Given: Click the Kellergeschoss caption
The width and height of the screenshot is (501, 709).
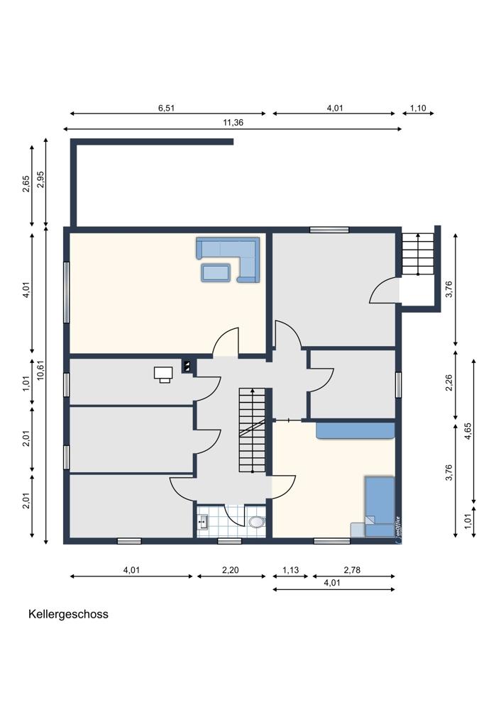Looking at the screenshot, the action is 68,614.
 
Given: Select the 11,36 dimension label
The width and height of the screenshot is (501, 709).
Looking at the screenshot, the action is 233,122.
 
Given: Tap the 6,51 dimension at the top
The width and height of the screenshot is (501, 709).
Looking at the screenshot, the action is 166,108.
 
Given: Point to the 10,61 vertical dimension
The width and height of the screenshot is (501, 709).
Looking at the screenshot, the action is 40,369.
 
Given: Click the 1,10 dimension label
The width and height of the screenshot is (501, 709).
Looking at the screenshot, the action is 418,108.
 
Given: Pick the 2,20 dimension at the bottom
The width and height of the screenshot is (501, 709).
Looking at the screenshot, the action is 231,570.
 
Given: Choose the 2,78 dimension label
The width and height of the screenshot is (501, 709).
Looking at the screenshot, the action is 352,570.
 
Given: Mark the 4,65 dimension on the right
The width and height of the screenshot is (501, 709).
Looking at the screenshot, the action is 468,431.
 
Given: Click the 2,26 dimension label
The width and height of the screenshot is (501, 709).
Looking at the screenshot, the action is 449,383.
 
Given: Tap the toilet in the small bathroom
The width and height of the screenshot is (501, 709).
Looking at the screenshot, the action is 257,523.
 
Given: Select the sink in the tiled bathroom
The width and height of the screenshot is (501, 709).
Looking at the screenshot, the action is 202,523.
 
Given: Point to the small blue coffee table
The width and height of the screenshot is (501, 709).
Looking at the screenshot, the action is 216,273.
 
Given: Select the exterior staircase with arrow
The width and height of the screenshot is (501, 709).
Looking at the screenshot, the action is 418,254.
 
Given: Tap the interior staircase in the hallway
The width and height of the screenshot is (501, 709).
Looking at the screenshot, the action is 252,430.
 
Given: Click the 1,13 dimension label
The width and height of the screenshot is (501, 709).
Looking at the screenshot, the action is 290,570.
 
